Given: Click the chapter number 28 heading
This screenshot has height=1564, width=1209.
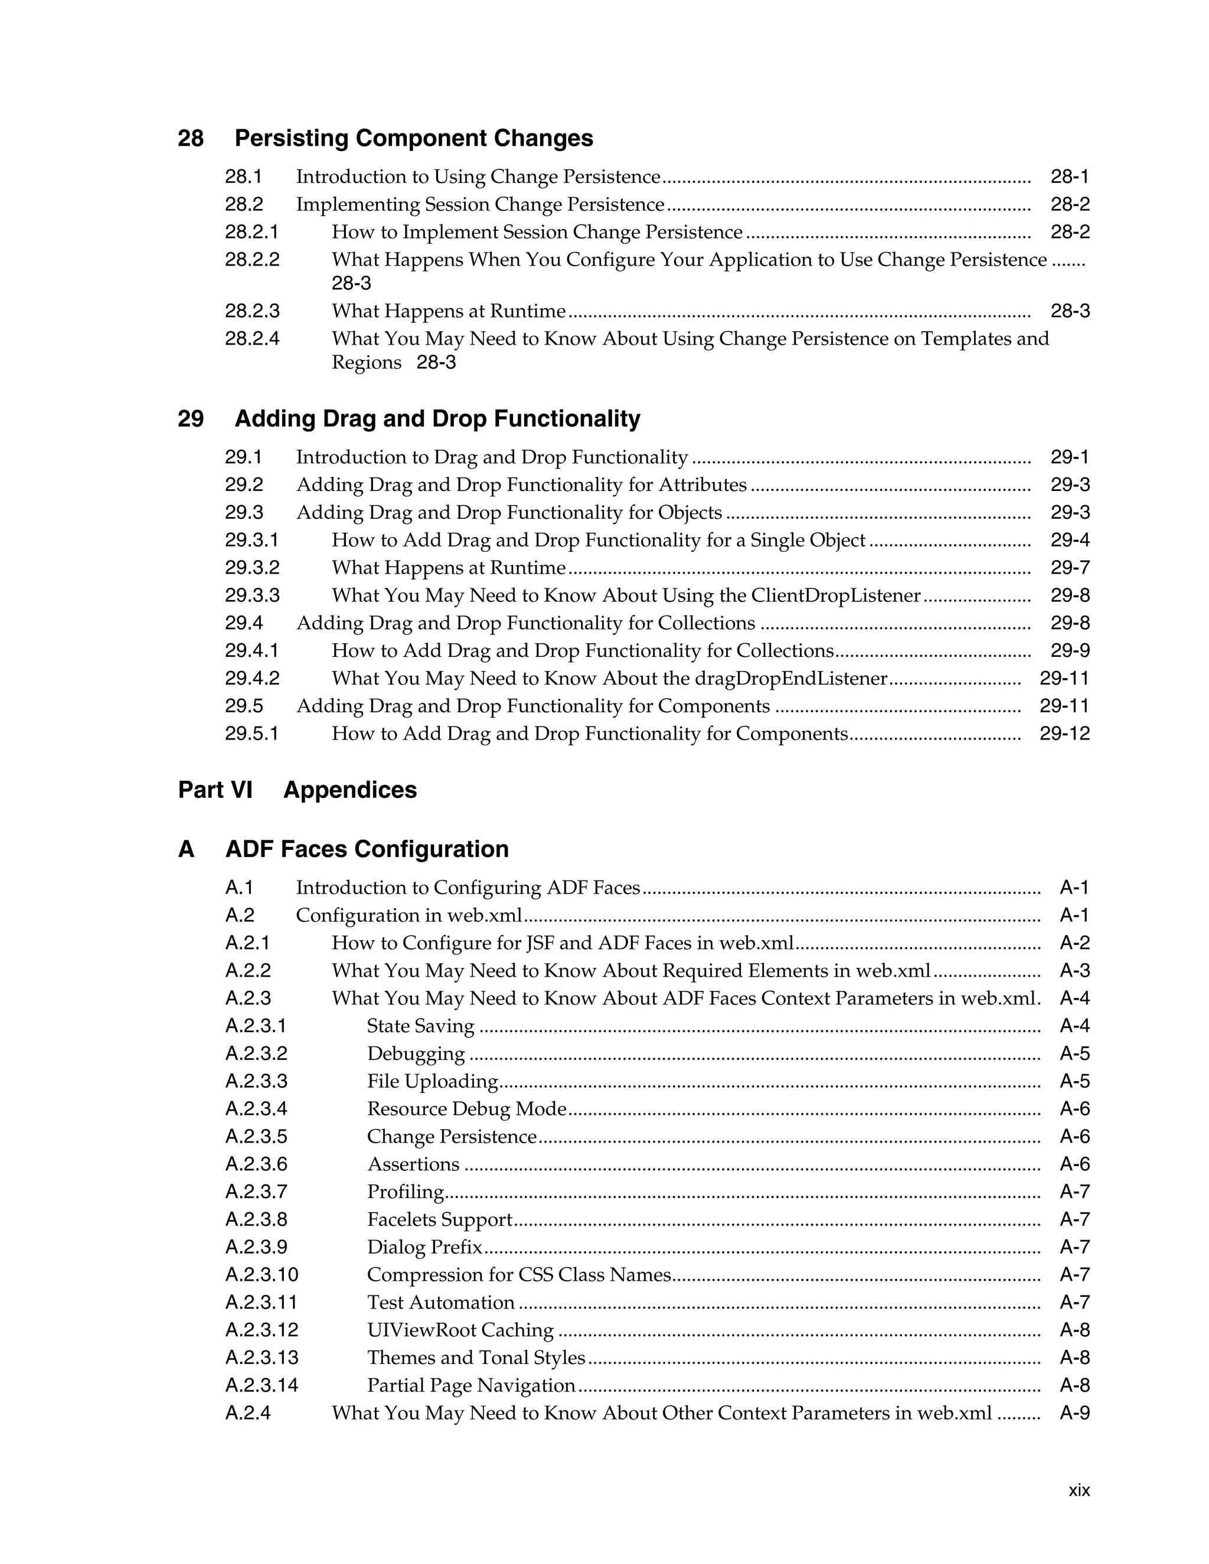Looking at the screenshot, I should [x=191, y=138].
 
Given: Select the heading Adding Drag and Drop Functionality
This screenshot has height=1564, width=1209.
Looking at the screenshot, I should [x=437, y=419].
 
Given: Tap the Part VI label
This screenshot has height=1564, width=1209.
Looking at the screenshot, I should [x=215, y=790].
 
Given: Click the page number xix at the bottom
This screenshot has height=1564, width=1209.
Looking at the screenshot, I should [x=1079, y=1490].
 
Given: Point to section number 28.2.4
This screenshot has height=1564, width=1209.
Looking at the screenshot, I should [x=252, y=339].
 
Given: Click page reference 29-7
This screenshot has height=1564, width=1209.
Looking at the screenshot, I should [x=1070, y=568].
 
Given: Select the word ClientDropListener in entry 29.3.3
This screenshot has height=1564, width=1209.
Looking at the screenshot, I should [x=835, y=596].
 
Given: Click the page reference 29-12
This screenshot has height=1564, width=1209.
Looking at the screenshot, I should [x=1064, y=734].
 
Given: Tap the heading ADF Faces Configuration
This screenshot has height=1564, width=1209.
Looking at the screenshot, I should [x=367, y=849].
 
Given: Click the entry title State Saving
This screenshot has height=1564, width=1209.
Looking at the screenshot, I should [x=420, y=1026].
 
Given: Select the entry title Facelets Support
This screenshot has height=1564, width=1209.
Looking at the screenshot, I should [x=440, y=1219].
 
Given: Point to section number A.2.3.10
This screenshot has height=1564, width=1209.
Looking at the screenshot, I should [x=262, y=1275].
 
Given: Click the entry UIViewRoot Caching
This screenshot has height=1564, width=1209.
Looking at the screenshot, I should [x=460, y=1330].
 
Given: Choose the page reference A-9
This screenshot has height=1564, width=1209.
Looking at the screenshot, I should [x=1074, y=1413].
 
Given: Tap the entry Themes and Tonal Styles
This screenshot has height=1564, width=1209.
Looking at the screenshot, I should [x=476, y=1358].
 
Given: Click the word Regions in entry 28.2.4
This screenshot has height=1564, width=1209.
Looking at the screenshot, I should [x=367, y=362].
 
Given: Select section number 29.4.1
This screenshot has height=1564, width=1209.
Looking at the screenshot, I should [x=252, y=651].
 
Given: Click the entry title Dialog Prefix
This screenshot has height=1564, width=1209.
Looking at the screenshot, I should [x=424, y=1248].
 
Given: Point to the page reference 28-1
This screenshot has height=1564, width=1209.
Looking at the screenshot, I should [x=1070, y=177].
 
